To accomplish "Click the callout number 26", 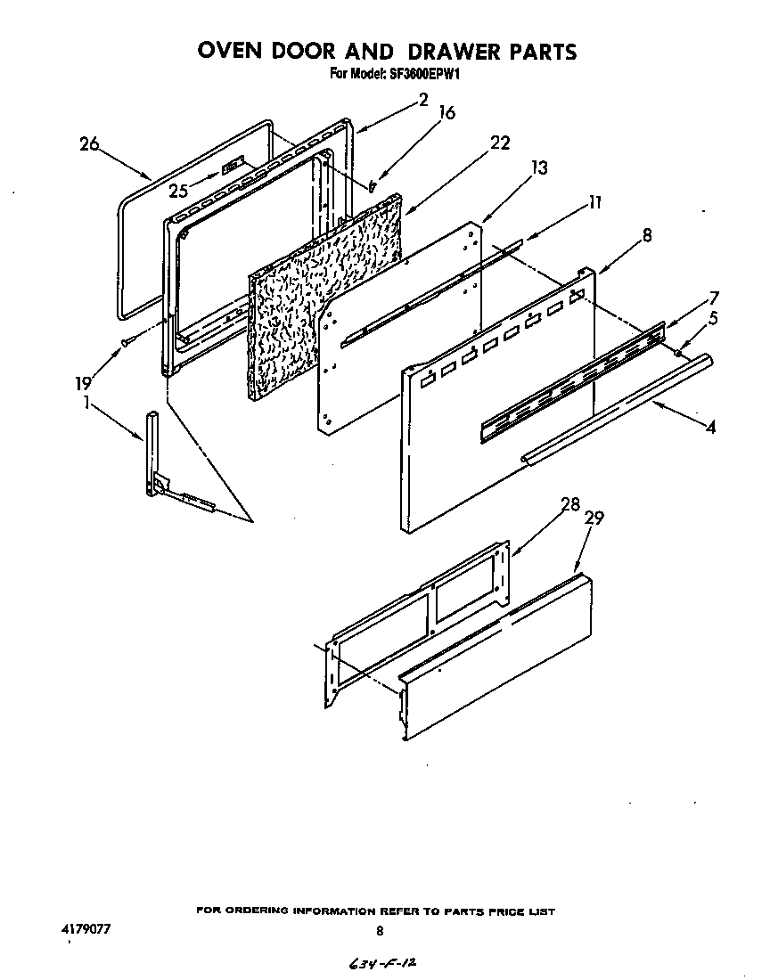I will pyautogui.click(x=88, y=144).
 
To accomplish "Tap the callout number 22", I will pyautogui.click(x=500, y=143).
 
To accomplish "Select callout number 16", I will pyautogui.click(x=447, y=113).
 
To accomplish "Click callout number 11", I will pyautogui.click(x=595, y=202).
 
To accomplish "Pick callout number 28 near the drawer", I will pyautogui.click(x=570, y=505).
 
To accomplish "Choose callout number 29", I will pyautogui.click(x=594, y=519).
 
